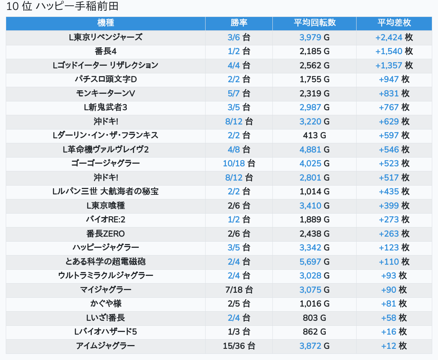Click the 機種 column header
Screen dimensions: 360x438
[x=106, y=23]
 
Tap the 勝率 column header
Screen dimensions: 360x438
[x=239, y=23]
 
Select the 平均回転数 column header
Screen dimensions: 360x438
[x=314, y=23]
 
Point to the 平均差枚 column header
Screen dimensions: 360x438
[x=394, y=23]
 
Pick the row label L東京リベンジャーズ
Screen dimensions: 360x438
[x=106, y=37]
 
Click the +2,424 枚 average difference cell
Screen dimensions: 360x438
[x=394, y=37]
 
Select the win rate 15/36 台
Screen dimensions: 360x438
[x=239, y=346]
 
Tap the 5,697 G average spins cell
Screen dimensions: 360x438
[x=314, y=262]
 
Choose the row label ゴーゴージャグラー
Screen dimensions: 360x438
[x=106, y=163]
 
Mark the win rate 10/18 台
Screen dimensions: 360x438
[x=239, y=163]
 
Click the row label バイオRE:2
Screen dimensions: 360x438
[x=106, y=219]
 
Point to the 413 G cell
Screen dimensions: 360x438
[x=314, y=135]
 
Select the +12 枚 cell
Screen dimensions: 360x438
[x=394, y=346]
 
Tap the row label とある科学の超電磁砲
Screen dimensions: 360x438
[x=106, y=262]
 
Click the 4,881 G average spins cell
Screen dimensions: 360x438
[x=314, y=149]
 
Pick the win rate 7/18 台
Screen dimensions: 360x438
[x=239, y=290]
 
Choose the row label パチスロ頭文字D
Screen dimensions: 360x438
[x=106, y=79]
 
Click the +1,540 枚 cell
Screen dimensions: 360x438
[x=394, y=51]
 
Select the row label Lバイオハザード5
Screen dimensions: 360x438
[x=106, y=332]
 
